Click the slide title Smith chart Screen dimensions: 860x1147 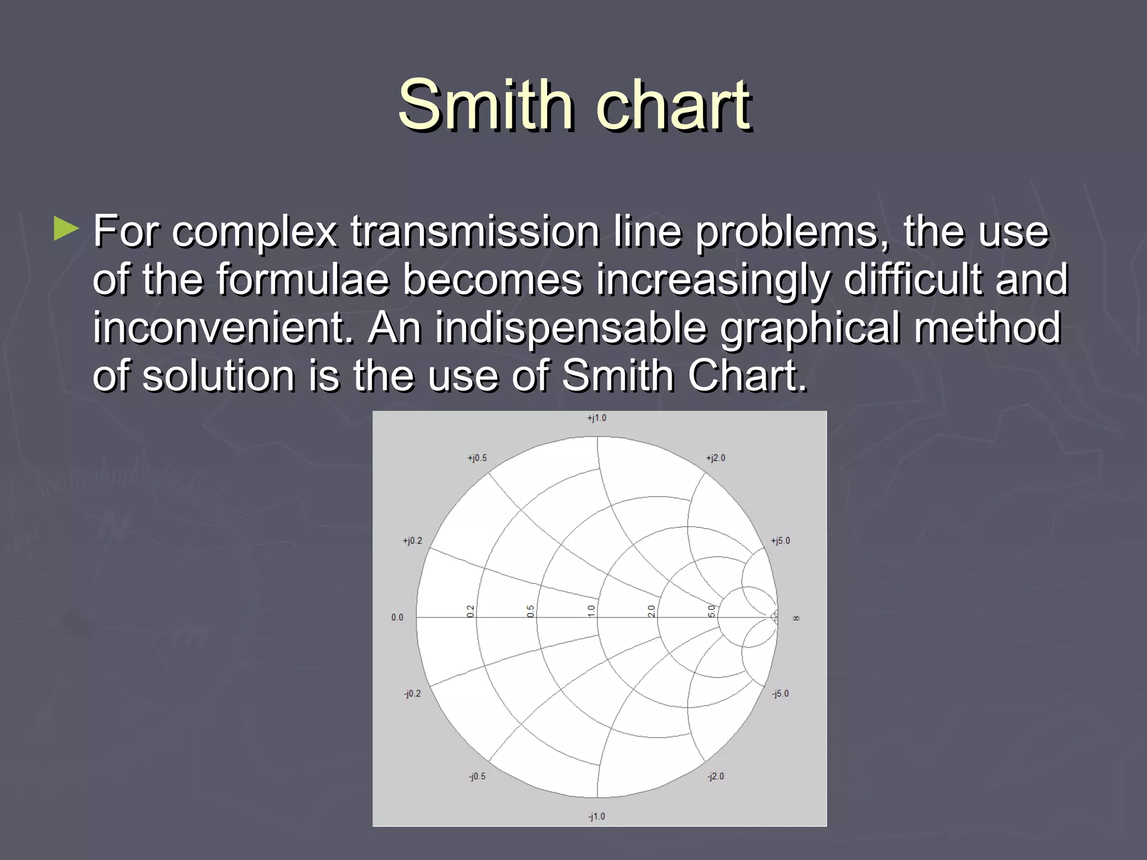click(x=574, y=105)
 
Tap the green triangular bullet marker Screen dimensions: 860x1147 click(x=66, y=230)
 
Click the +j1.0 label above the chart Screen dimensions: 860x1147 click(x=596, y=418)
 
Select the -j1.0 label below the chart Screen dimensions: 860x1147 click(x=596, y=816)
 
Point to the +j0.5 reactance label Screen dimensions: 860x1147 click(x=477, y=458)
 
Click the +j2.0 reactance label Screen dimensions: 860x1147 click(x=715, y=458)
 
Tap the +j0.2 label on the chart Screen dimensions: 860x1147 click(x=412, y=541)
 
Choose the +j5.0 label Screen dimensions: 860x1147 click(x=780, y=541)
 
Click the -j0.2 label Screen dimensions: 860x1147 click(x=412, y=694)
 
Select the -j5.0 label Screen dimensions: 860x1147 click(x=780, y=694)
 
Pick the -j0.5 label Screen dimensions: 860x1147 click(x=477, y=777)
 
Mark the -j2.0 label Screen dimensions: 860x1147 click(x=715, y=777)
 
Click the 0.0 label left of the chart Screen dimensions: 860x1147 click(x=397, y=618)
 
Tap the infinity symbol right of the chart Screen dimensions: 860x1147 click(x=796, y=618)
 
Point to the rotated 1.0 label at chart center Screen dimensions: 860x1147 click(x=591, y=611)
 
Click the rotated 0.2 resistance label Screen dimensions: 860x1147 click(x=470, y=611)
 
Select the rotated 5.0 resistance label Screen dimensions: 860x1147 click(x=711, y=611)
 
